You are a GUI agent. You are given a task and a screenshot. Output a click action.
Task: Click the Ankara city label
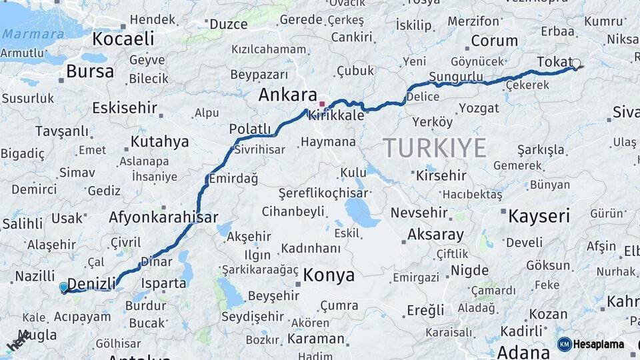click(x=287, y=95)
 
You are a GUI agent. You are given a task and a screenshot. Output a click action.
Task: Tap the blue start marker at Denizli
click(x=63, y=287)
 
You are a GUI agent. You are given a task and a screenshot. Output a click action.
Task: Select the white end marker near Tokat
click(x=576, y=64)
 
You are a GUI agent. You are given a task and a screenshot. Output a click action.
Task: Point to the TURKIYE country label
click(x=434, y=147)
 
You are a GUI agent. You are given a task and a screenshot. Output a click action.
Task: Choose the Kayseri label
click(x=539, y=216)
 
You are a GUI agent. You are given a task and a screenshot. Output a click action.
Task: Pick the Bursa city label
click(x=90, y=71)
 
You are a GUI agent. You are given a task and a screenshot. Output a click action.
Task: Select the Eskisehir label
click(x=125, y=107)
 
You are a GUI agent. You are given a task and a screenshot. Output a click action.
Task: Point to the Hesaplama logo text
click(x=599, y=345)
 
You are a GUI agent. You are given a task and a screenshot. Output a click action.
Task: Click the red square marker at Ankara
click(x=322, y=104)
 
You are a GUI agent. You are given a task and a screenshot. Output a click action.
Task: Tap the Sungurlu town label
click(x=456, y=77)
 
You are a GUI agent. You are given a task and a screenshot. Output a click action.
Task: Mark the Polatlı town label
click(x=250, y=129)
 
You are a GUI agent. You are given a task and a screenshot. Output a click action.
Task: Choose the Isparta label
click(x=164, y=283)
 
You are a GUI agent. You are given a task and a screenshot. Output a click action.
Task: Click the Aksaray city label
click(x=435, y=235)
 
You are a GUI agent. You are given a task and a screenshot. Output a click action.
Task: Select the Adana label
click(x=523, y=351)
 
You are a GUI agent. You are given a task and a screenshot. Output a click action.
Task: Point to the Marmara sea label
click(x=33, y=34)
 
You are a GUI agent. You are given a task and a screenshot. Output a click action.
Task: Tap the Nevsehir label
click(x=422, y=213)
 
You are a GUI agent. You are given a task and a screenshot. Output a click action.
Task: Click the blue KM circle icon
click(x=564, y=345)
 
